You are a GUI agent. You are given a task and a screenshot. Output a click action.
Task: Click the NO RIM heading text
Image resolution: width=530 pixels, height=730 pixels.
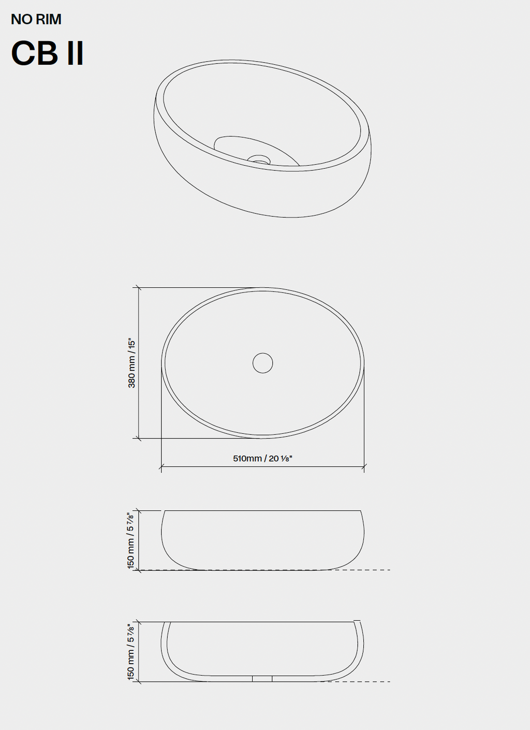tap(36, 20)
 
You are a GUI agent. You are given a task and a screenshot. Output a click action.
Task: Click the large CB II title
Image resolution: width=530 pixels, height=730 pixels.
tap(48, 53)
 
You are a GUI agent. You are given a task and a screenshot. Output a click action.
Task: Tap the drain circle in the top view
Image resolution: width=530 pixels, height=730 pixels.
tap(262, 363)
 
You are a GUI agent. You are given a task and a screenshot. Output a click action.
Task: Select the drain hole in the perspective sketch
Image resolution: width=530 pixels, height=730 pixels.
tap(259, 159)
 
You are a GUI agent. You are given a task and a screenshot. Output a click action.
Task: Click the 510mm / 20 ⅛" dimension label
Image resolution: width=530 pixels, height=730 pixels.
tap(262, 459)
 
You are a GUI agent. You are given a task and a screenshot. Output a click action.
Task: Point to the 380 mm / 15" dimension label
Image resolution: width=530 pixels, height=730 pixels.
tap(131, 363)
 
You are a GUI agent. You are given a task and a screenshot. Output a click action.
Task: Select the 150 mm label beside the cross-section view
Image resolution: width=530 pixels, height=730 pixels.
tap(130, 652)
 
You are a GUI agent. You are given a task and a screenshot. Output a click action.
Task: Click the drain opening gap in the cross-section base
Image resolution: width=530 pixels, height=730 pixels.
tap(262, 678)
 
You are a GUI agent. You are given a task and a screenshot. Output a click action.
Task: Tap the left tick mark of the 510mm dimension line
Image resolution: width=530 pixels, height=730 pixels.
tap(161, 466)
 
